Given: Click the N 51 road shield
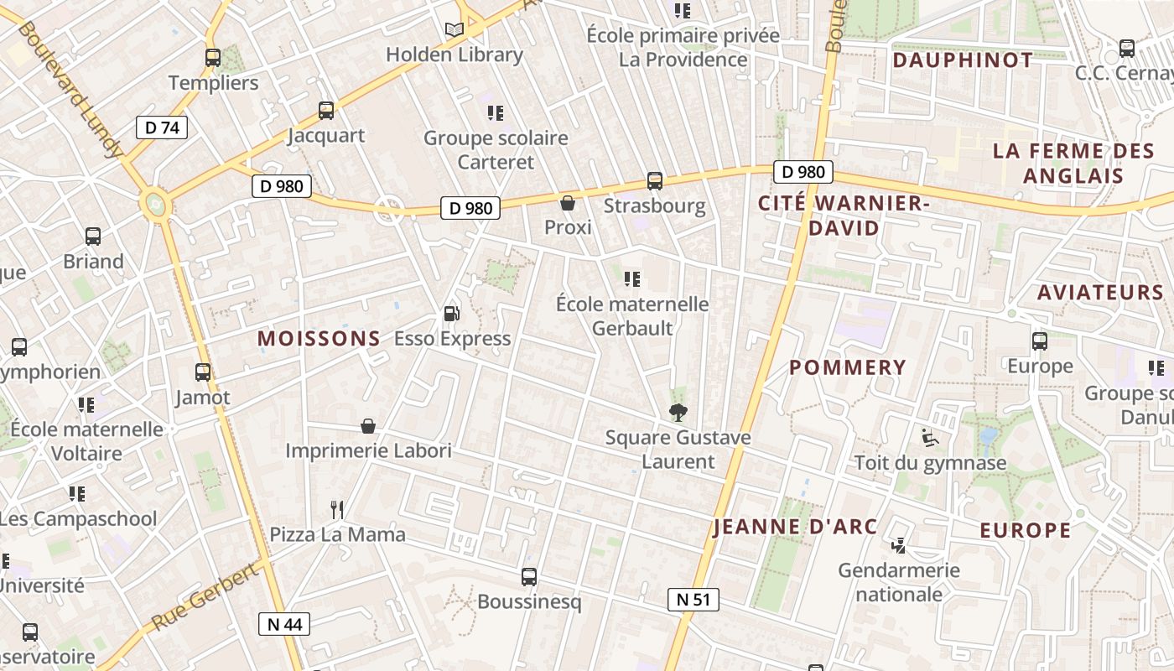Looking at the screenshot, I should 693,599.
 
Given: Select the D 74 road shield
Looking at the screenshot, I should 162,127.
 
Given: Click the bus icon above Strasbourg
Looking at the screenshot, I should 655,180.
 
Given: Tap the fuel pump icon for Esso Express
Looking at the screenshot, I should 451,314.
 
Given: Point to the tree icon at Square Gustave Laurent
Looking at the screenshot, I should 678,412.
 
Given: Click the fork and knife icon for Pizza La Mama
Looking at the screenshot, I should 337,509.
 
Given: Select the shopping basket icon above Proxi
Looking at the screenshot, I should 568,203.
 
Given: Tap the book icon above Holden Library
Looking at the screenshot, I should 455,30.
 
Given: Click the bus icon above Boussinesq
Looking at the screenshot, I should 529,577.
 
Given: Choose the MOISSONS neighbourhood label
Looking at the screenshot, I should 319,339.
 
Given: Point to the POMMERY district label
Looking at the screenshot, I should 848,367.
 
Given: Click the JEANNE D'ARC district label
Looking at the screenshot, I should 795,527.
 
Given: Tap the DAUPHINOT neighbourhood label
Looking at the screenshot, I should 963,60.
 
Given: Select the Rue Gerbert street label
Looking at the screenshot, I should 205,598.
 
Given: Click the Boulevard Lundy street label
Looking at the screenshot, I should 70,90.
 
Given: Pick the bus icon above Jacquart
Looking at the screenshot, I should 326,110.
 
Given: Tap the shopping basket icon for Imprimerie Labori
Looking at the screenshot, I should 368,426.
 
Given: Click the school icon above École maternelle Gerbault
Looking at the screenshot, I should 632,278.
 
